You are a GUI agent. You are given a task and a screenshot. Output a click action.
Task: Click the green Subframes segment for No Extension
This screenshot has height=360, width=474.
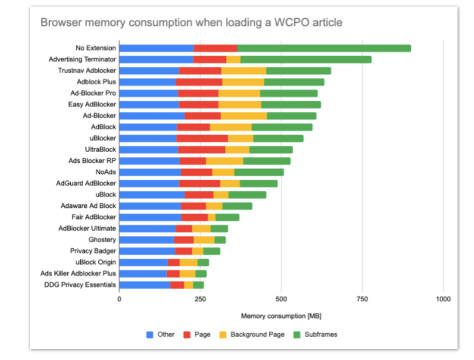point(324,49)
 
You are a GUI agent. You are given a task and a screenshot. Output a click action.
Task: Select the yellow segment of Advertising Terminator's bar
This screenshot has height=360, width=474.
point(233,60)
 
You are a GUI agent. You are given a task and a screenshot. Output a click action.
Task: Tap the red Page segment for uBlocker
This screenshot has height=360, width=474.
point(202,138)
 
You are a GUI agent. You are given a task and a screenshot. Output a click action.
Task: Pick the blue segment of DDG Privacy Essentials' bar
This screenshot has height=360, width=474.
point(145,285)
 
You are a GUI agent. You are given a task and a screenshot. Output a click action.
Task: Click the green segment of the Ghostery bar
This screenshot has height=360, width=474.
point(220,240)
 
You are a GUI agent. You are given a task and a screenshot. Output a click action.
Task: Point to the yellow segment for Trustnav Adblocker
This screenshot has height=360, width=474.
point(243,71)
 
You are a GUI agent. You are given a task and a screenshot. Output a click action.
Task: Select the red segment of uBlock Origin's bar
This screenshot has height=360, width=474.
point(174,262)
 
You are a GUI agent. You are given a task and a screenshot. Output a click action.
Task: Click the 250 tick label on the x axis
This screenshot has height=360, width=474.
point(200,299)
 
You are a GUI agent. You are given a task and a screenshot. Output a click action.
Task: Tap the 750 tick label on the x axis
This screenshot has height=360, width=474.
point(362,299)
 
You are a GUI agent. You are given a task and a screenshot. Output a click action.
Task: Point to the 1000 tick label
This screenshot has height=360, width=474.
point(443,299)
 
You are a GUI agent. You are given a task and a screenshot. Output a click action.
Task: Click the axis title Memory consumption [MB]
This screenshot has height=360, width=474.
point(281,316)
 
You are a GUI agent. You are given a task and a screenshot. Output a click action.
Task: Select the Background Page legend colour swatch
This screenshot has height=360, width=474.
point(223,335)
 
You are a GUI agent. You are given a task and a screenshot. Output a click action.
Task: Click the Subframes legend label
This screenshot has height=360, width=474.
point(321,334)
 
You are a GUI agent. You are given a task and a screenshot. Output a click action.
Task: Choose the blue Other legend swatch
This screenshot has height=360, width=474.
point(150,335)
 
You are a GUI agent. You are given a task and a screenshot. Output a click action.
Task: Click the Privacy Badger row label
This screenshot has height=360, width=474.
point(93,251)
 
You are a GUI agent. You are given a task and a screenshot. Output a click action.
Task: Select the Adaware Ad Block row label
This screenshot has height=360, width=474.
point(88,206)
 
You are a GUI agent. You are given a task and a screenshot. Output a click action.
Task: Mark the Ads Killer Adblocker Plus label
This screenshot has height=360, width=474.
point(78,273)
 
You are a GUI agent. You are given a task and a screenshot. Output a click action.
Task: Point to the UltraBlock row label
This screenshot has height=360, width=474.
point(101,150)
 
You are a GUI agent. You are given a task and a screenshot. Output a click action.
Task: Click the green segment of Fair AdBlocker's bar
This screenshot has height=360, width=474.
point(227,217)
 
